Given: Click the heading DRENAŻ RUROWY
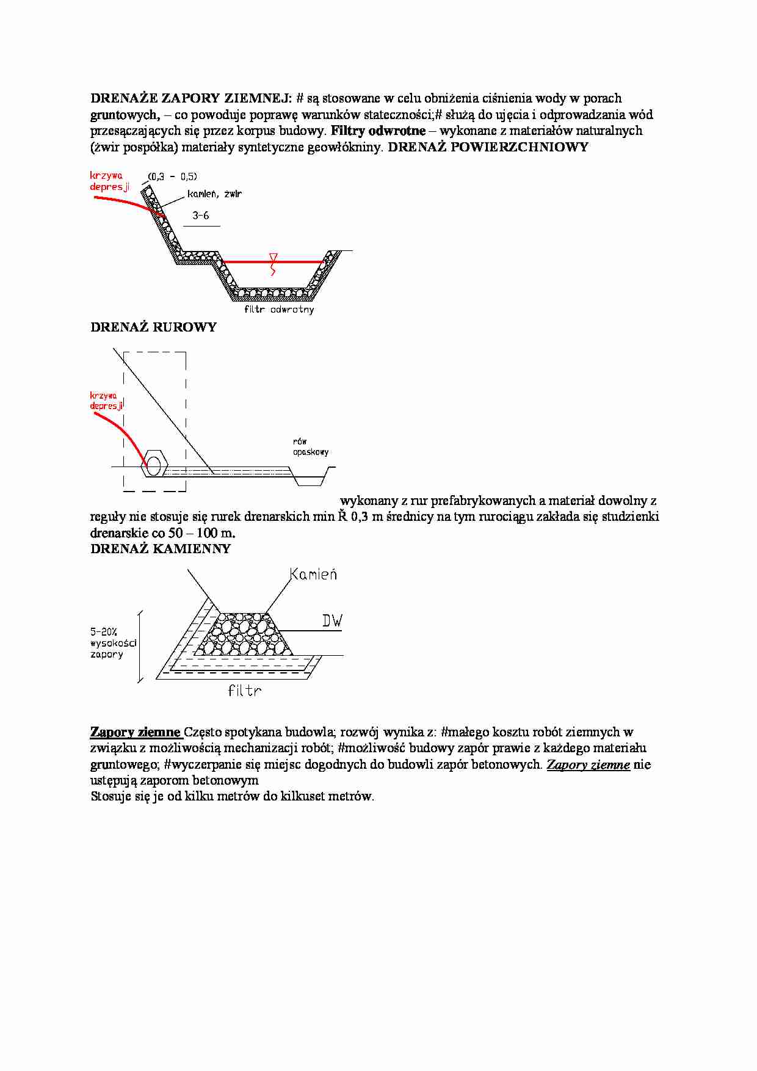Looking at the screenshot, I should click(x=153, y=327).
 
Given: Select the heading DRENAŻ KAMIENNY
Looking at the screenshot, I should click(x=161, y=549).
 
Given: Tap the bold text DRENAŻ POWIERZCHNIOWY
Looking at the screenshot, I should click(x=488, y=147).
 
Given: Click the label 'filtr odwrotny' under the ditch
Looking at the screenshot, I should click(x=279, y=310).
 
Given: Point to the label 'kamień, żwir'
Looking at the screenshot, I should click(x=214, y=194).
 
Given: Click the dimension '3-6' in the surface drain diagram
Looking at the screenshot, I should click(x=200, y=216).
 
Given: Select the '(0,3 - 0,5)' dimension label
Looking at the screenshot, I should click(x=173, y=176).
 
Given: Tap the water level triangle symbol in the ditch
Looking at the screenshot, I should click(x=273, y=257).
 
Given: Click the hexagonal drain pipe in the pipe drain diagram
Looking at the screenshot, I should click(x=154, y=465).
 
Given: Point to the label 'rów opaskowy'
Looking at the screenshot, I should click(x=310, y=447).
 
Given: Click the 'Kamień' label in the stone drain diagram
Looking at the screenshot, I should click(x=313, y=575).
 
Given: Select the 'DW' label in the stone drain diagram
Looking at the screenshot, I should click(x=332, y=622).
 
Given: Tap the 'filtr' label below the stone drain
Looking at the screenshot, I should click(x=245, y=691).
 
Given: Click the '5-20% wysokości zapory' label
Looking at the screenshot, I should click(x=113, y=644).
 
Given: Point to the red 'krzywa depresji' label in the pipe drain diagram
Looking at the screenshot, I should click(x=106, y=401).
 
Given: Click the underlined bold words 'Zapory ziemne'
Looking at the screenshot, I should click(x=136, y=732).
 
